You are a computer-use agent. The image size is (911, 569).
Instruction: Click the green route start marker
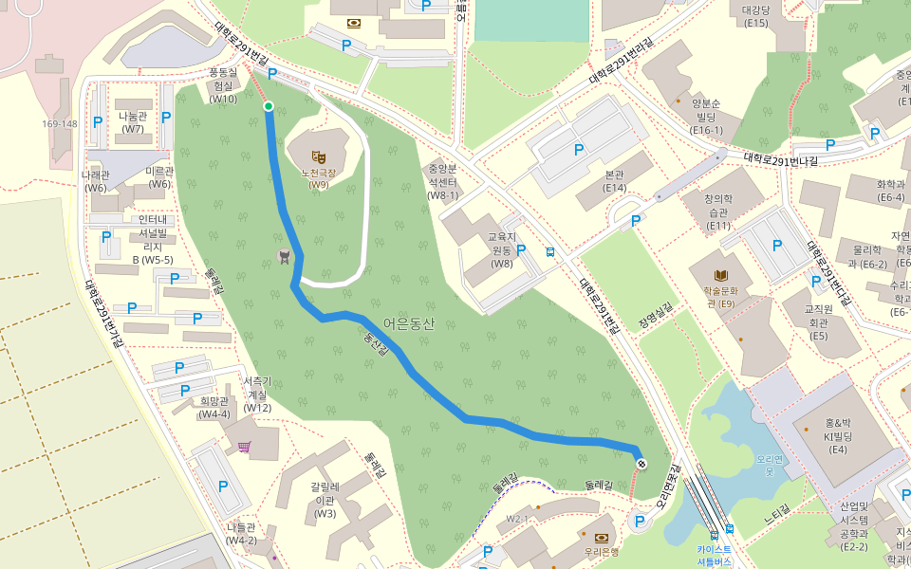269,106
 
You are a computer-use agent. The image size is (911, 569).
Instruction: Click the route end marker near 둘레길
641,463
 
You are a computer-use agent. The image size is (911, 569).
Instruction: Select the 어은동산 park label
410,323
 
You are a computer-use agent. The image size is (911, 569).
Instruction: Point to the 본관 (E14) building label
615,181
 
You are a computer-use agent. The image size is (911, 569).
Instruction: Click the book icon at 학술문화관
721,274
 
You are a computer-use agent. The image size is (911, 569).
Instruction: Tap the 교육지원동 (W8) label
501,249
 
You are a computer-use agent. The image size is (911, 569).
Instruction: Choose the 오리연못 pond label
767,465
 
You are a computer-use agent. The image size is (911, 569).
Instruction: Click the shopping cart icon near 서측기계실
245,447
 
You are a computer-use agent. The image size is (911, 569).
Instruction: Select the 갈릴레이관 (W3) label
325,500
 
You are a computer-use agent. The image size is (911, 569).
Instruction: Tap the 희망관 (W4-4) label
214,407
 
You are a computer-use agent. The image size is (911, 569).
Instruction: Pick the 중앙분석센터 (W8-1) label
443,181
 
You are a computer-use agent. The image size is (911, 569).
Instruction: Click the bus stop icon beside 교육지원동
550,251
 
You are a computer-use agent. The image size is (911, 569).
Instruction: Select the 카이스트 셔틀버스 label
714,555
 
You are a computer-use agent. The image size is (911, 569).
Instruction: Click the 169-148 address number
59,123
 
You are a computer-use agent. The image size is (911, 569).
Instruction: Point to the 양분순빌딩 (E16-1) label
707,116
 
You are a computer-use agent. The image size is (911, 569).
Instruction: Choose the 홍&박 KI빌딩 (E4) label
839,436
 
